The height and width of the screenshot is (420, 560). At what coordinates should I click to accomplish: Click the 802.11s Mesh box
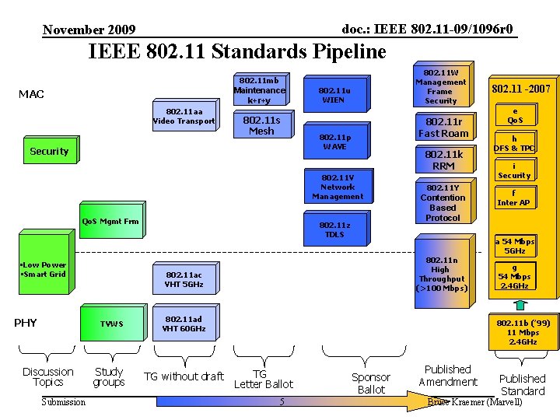click(x=261, y=125)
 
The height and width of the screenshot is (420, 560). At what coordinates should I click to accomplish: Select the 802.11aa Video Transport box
click(x=184, y=116)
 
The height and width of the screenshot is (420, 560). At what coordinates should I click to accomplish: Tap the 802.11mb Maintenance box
click(x=260, y=90)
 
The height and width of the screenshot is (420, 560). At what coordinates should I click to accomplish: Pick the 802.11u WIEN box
click(x=334, y=95)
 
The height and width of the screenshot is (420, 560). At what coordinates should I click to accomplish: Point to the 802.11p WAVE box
click(x=334, y=142)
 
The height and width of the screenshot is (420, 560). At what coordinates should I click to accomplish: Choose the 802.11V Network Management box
click(x=337, y=187)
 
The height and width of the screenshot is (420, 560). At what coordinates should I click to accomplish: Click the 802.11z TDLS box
click(x=334, y=229)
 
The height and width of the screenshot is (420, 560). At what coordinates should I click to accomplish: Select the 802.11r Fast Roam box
click(x=443, y=128)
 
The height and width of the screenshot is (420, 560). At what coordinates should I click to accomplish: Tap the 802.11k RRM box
click(x=443, y=160)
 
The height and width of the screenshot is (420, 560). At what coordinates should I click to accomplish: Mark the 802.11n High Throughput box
click(x=442, y=273)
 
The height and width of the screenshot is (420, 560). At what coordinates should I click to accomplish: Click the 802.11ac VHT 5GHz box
click(x=184, y=279)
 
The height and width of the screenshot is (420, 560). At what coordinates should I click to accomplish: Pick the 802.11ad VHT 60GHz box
click(x=184, y=324)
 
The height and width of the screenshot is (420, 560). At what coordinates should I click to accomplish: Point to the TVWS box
click(x=111, y=324)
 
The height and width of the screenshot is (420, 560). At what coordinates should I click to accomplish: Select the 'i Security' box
click(x=514, y=170)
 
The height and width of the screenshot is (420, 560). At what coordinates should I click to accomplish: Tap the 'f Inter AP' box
click(x=513, y=198)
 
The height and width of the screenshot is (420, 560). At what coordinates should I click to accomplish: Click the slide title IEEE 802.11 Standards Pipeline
click(x=238, y=52)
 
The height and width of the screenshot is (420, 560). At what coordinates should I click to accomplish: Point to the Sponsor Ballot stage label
click(x=371, y=383)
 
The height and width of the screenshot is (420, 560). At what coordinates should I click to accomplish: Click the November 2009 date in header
click(x=89, y=30)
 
